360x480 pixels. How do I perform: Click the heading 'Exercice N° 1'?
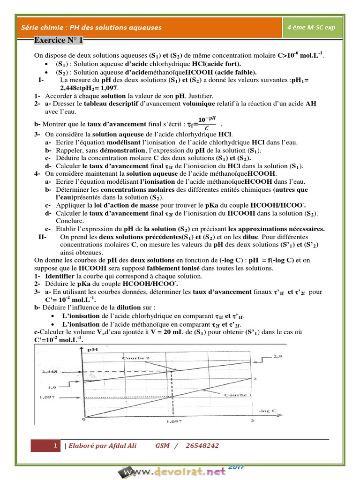[59, 41]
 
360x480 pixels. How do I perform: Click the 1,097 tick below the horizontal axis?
[173, 423]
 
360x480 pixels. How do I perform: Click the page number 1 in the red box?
[55, 446]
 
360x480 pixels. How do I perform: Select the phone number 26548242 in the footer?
[202, 446]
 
